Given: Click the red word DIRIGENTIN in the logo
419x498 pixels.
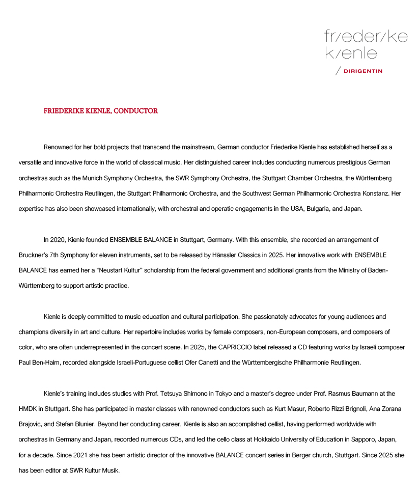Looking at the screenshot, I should pos(363,71).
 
